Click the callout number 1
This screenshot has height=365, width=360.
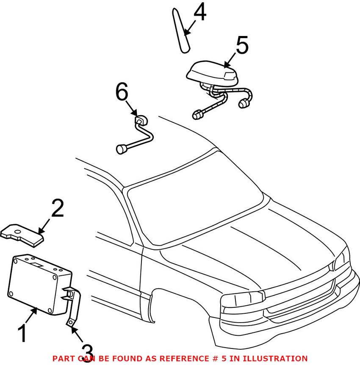coord(22,334)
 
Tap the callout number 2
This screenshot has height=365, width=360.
coord(58,208)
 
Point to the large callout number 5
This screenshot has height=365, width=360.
coord(242,45)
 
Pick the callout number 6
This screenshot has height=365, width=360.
coord(122,91)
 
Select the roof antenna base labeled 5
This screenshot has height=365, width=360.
coord(213,73)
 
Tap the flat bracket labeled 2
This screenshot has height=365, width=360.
coord(22,235)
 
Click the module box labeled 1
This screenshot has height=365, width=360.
coord(39,285)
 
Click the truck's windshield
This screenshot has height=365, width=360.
coord(196,198)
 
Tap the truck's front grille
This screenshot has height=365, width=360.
coord(303,300)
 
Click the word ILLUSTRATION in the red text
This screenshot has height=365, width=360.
coord(275,359)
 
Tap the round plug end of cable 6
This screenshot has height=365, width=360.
coord(121,149)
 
